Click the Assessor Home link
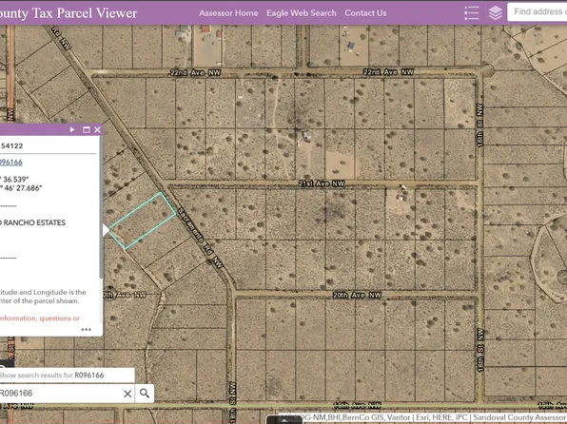coord(228,13)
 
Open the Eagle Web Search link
coord(302,13)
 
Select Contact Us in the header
coord(365,13)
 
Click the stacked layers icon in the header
coord(496,13)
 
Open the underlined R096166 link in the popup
coord(11,163)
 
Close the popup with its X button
coord(97,129)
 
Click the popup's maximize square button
coord(86,129)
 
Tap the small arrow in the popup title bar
coord(74,129)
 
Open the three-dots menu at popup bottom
coord(87,330)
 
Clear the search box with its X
coord(127,394)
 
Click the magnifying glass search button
coord(145,394)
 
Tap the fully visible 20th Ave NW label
coord(356,296)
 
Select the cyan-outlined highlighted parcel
coord(141,220)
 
